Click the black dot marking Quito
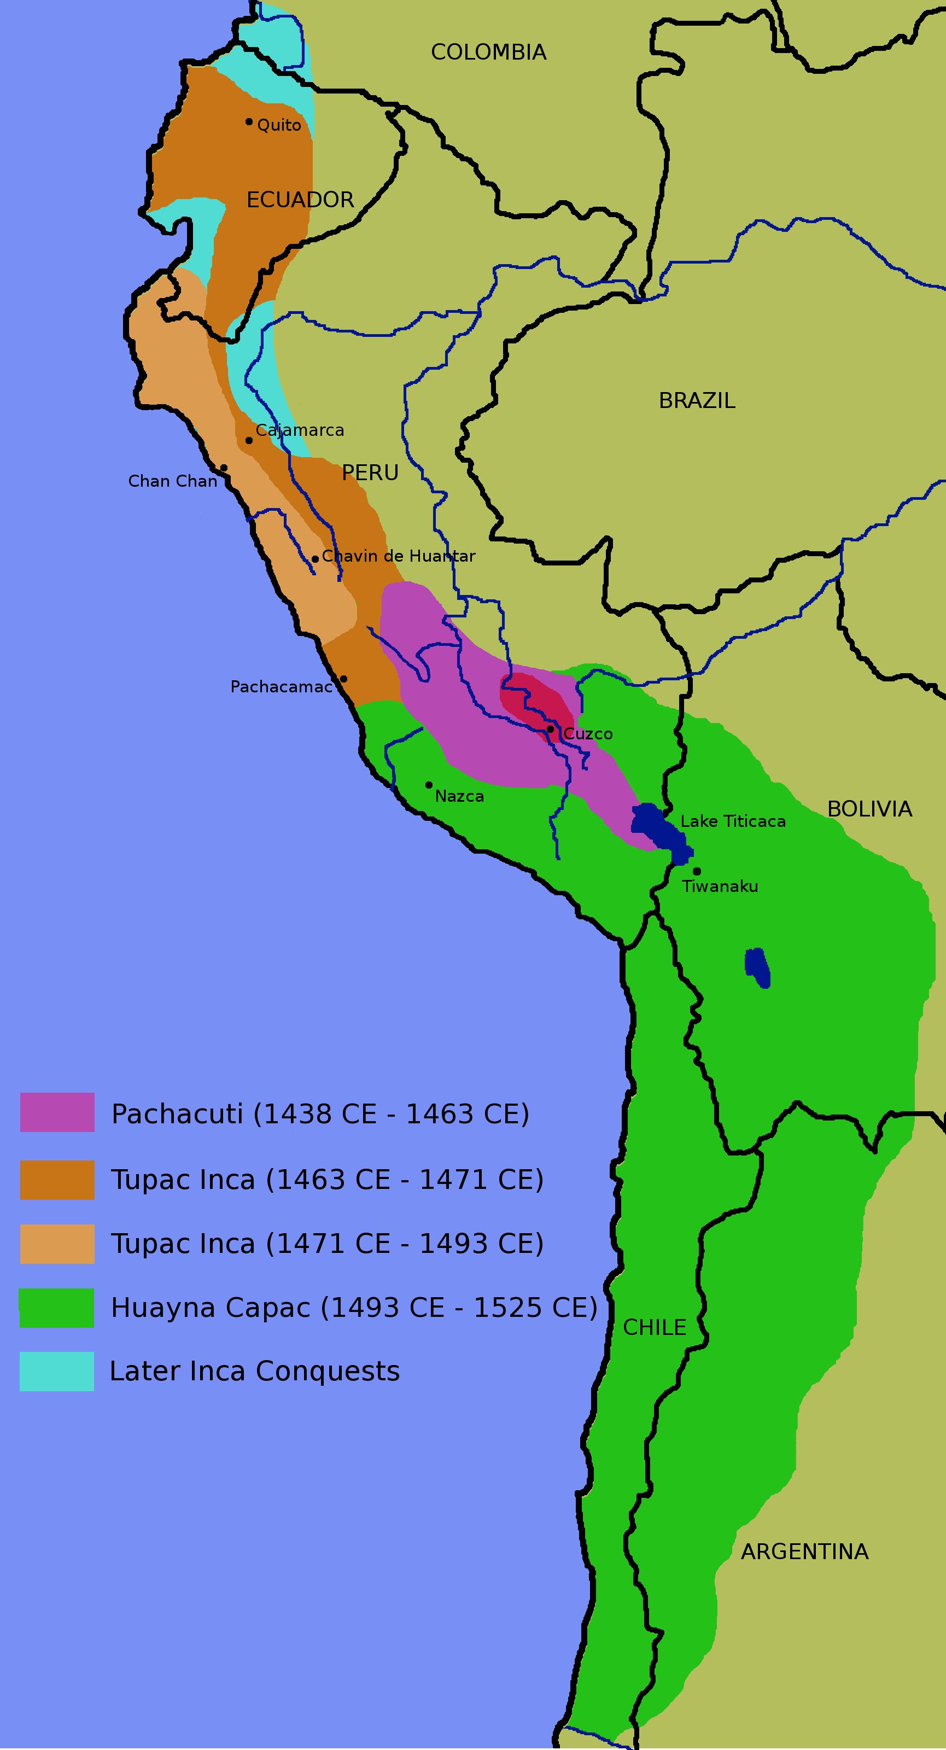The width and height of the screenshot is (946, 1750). [x=249, y=121]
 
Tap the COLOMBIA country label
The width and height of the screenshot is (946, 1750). [x=488, y=52]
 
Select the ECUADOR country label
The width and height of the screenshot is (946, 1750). [x=300, y=200]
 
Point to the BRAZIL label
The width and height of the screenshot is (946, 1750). [x=697, y=401]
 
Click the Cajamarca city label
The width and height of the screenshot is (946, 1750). [x=300, y=430]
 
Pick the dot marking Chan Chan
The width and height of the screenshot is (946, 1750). [x=224, y=468]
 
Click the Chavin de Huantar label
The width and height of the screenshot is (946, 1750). [x=399, y=556]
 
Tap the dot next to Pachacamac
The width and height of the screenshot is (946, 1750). [x=343, y=679]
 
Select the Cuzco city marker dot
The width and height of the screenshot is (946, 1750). [x=550, y=729]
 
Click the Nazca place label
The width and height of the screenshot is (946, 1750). [x=459, y=796]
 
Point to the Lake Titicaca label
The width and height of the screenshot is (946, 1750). [x=733, y=821]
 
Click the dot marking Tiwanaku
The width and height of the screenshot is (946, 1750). [x=697, y=871]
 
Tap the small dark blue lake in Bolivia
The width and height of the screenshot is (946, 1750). [x=757, y=968]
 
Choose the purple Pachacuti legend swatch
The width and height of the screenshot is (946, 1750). [x=57, y=1112]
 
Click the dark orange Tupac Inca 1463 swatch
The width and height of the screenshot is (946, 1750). [x=57, y=1180]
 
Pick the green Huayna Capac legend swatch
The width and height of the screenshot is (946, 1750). [x=57, y=1308]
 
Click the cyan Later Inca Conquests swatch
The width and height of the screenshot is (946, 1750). [x=57, y=1372]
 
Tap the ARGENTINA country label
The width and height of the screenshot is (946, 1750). [x=804, y=1551]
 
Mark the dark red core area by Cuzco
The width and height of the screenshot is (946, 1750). [x=536, y=700]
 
